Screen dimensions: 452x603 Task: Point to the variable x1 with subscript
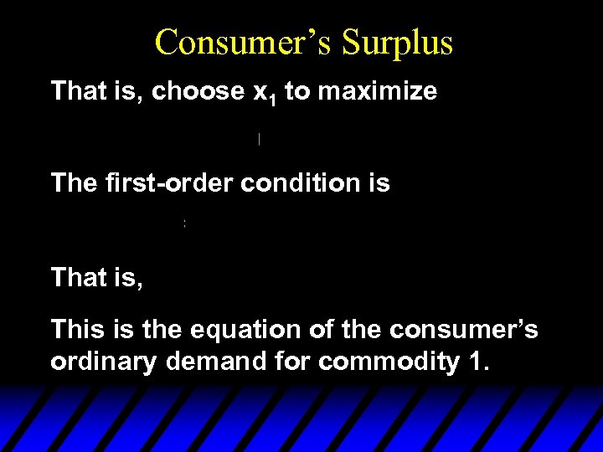coord(265,93)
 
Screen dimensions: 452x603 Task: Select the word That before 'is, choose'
coord(77,91)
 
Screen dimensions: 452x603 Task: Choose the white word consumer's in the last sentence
coord(465,330)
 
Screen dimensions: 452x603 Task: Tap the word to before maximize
coord(296,91)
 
